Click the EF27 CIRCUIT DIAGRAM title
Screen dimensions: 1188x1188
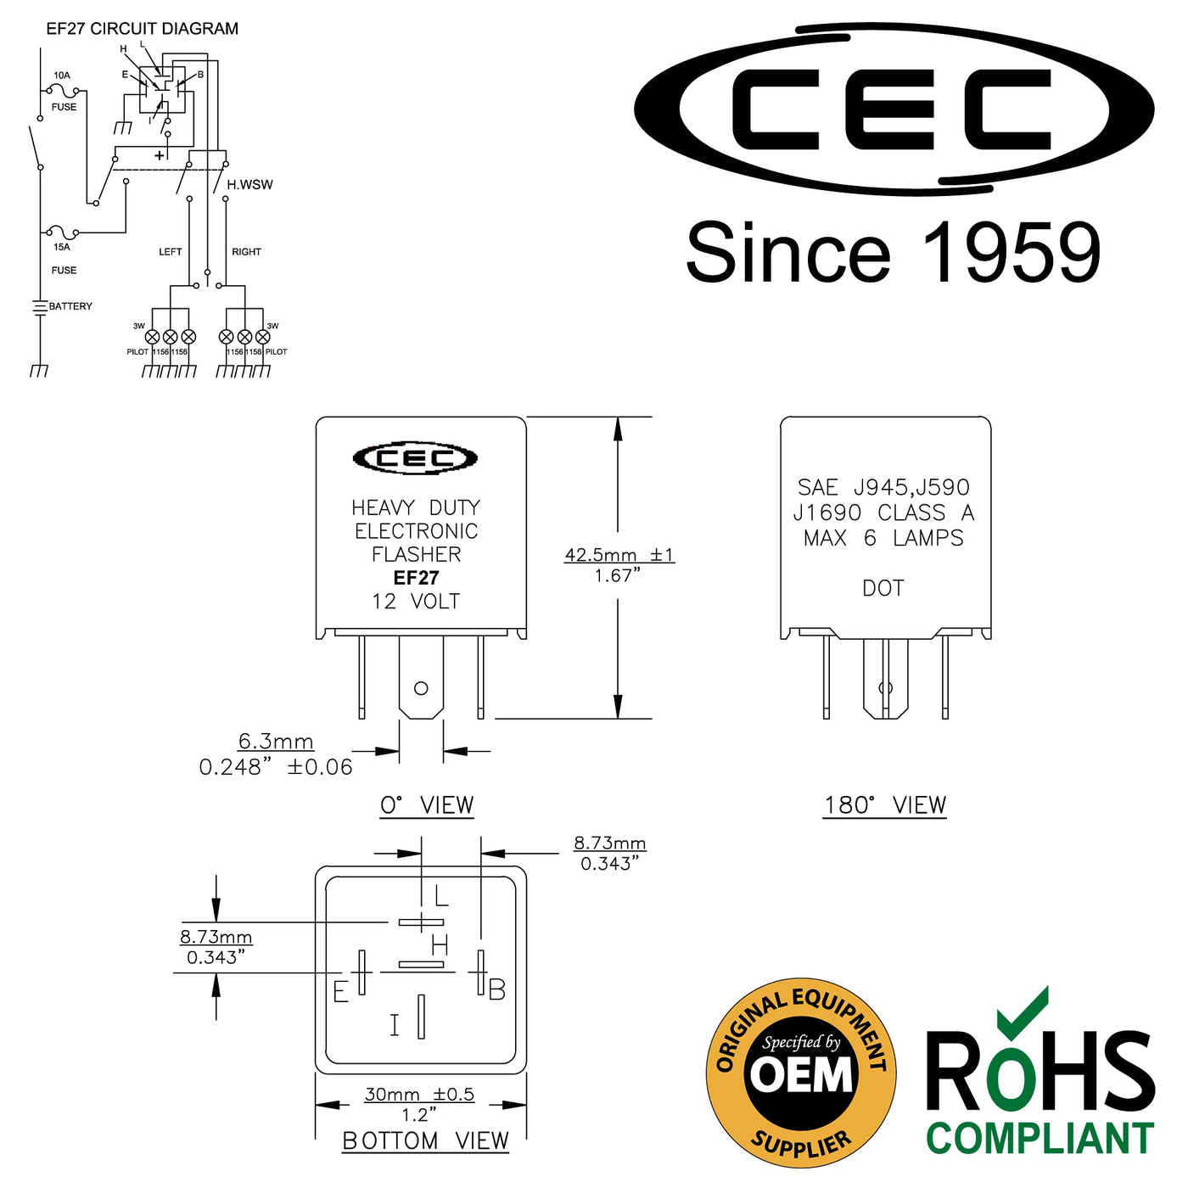click(x=143, y=29)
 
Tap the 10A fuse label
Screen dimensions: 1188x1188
click(x=62, y=76)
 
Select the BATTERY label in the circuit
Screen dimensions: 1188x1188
click(x=70, y=305)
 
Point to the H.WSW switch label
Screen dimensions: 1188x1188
click(x=249, y=184)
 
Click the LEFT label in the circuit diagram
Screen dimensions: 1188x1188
click(x=171, y=251)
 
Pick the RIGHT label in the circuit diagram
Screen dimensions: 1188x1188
click(x=247, y=251)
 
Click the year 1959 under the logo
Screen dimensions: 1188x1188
click(x=1011, y=253)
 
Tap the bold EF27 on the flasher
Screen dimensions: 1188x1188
click(x=416, y=578)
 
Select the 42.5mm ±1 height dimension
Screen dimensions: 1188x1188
click(x=619, y=554)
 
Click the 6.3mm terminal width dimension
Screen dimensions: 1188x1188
click(x=276, y=741)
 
